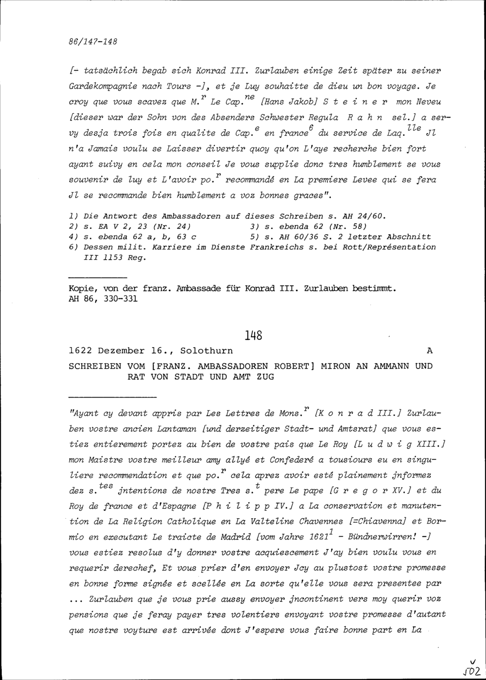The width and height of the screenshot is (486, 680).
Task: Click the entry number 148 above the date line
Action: point(253,335)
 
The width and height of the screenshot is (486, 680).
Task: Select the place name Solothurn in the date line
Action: point(207,350)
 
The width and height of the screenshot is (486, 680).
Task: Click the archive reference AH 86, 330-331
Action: point(103,299)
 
